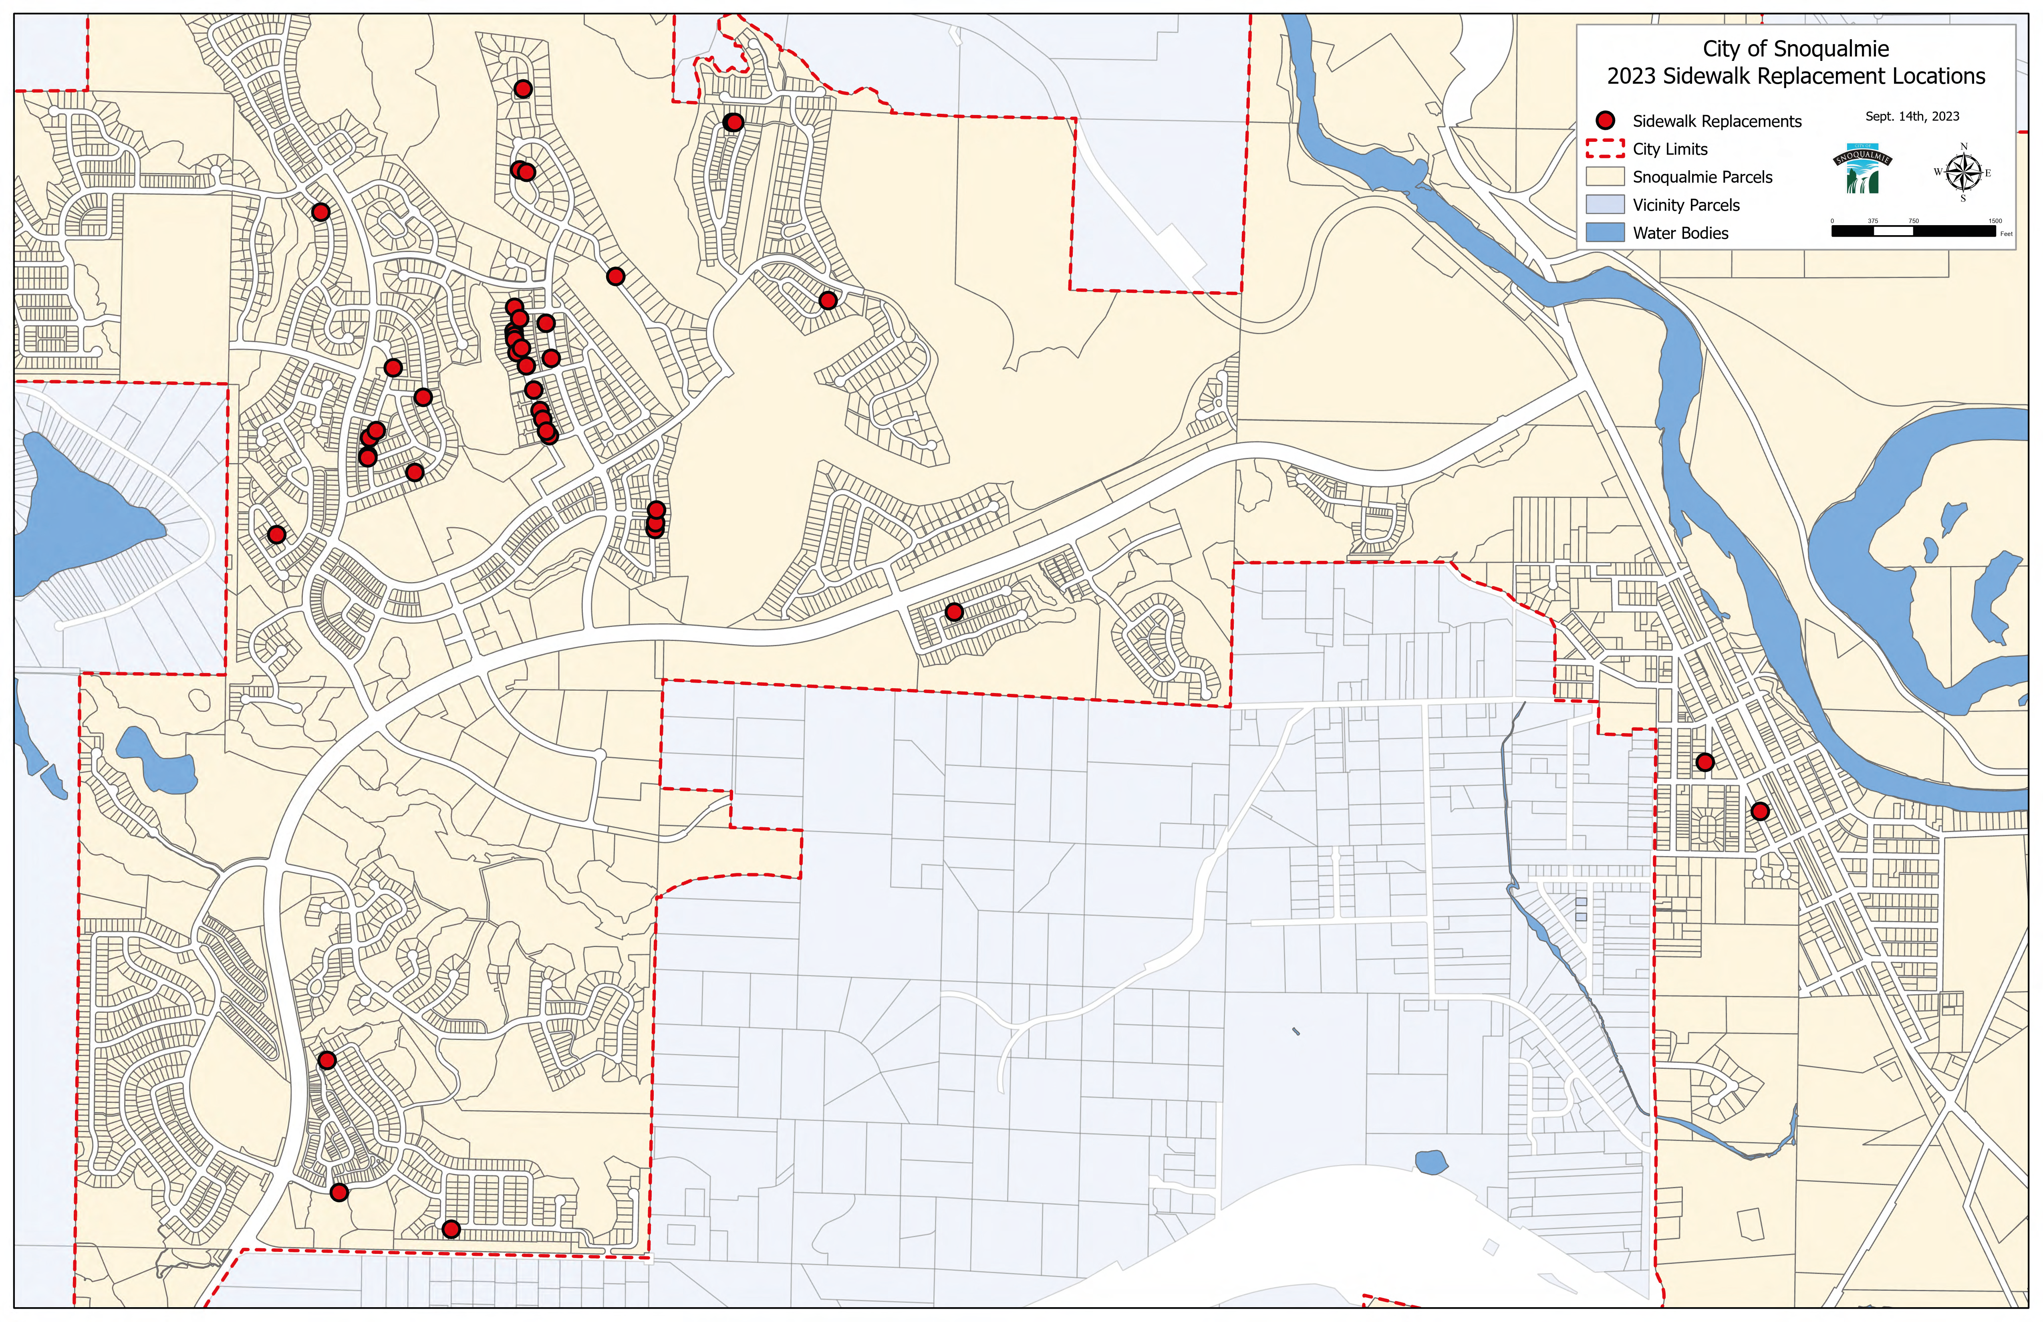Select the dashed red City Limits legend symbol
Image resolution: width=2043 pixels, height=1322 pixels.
(x=1605, y=149)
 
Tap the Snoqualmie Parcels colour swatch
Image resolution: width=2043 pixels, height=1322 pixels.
(x=1605, y=177)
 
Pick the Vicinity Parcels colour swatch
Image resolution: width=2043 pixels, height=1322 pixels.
(x=1605, y=204)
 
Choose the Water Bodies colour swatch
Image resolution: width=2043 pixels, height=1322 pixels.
(x=1605, y=233)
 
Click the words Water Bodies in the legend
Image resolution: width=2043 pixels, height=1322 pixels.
(x=1680, y=233)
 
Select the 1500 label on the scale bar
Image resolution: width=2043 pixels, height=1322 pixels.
(x=1995, y=221)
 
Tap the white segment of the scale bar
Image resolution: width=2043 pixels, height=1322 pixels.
(x=1893, y=230)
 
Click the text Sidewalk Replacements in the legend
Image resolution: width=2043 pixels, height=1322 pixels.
(x=1717, y=121)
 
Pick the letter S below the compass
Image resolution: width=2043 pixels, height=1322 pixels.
(x=1963, y=198)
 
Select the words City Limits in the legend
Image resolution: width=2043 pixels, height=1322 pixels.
(x=1670, y=149)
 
